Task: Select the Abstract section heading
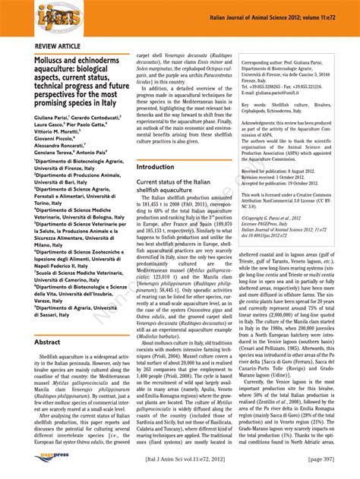47,342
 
